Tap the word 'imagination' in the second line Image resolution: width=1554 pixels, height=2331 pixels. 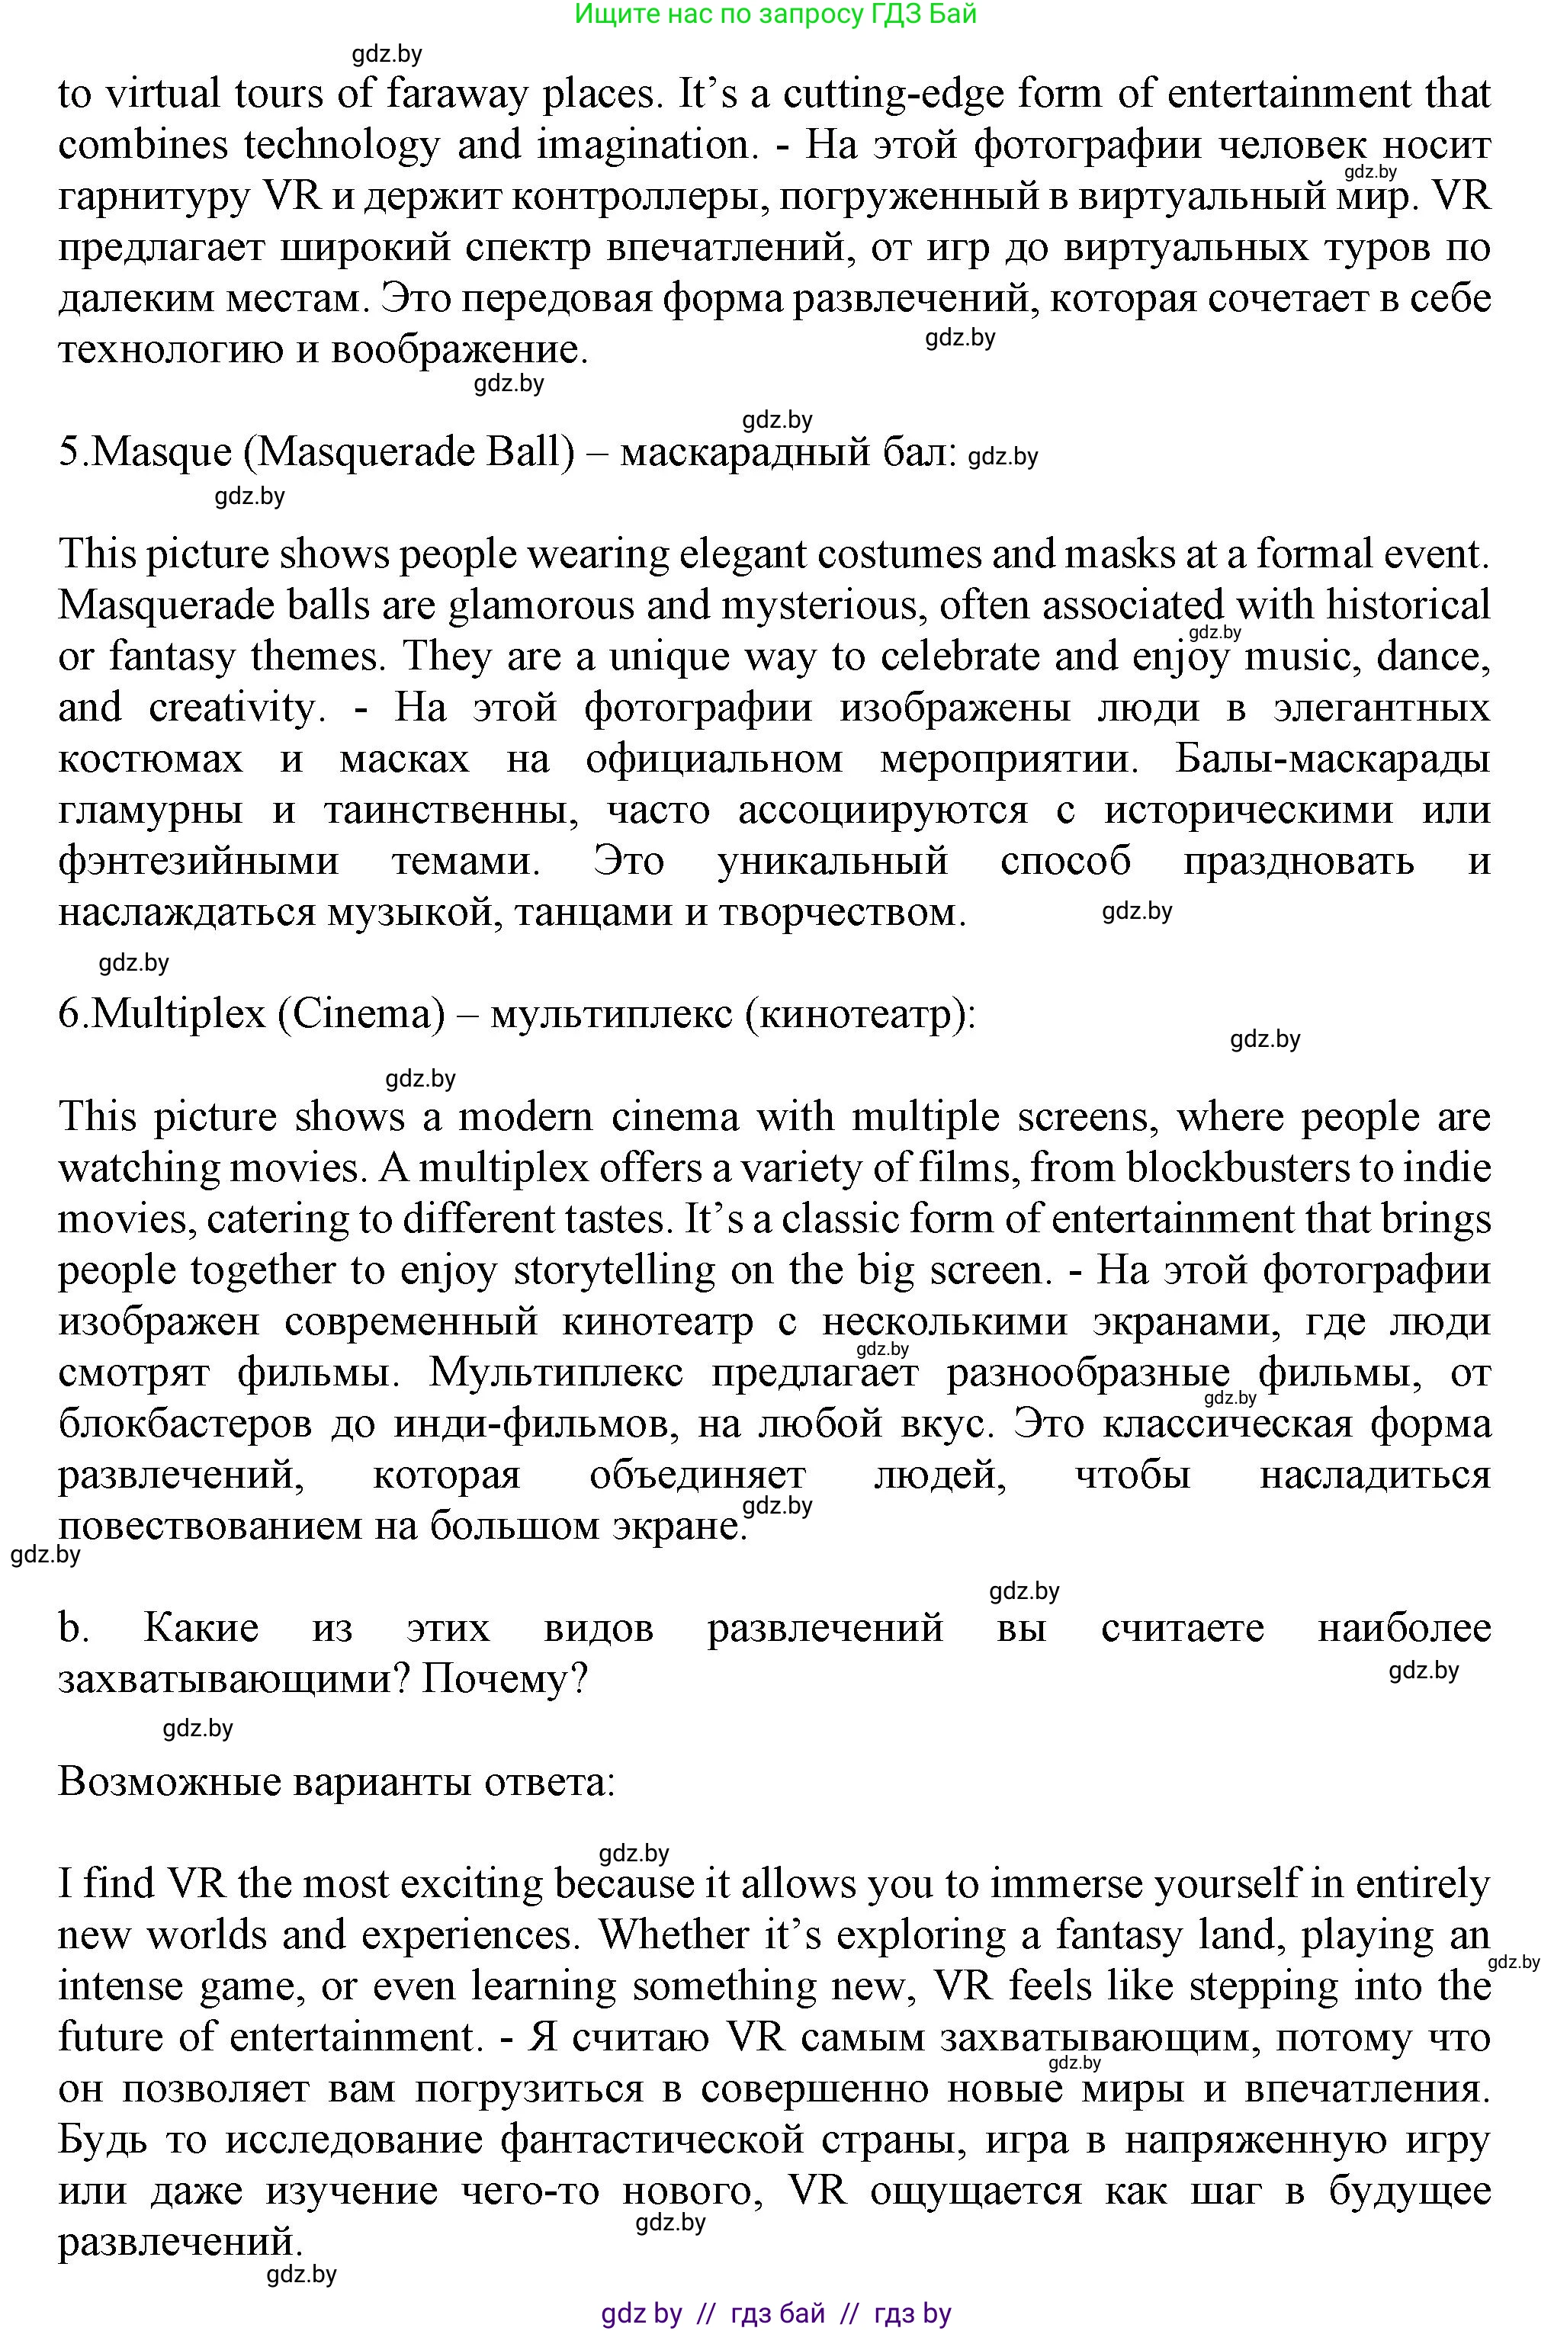(x=641, y=146)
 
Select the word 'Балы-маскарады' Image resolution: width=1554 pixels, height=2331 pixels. (x=1333, y=759)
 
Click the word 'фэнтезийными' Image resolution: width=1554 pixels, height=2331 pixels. (x=198, y=861)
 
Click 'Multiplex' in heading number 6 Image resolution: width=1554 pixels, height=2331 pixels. (x=178, y=1014)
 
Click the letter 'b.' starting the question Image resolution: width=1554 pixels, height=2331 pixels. (x=73, y=1627)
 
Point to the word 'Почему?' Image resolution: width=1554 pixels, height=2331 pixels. (x=505, y=1679)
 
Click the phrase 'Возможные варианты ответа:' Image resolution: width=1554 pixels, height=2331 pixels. (x=337, y=1781)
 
